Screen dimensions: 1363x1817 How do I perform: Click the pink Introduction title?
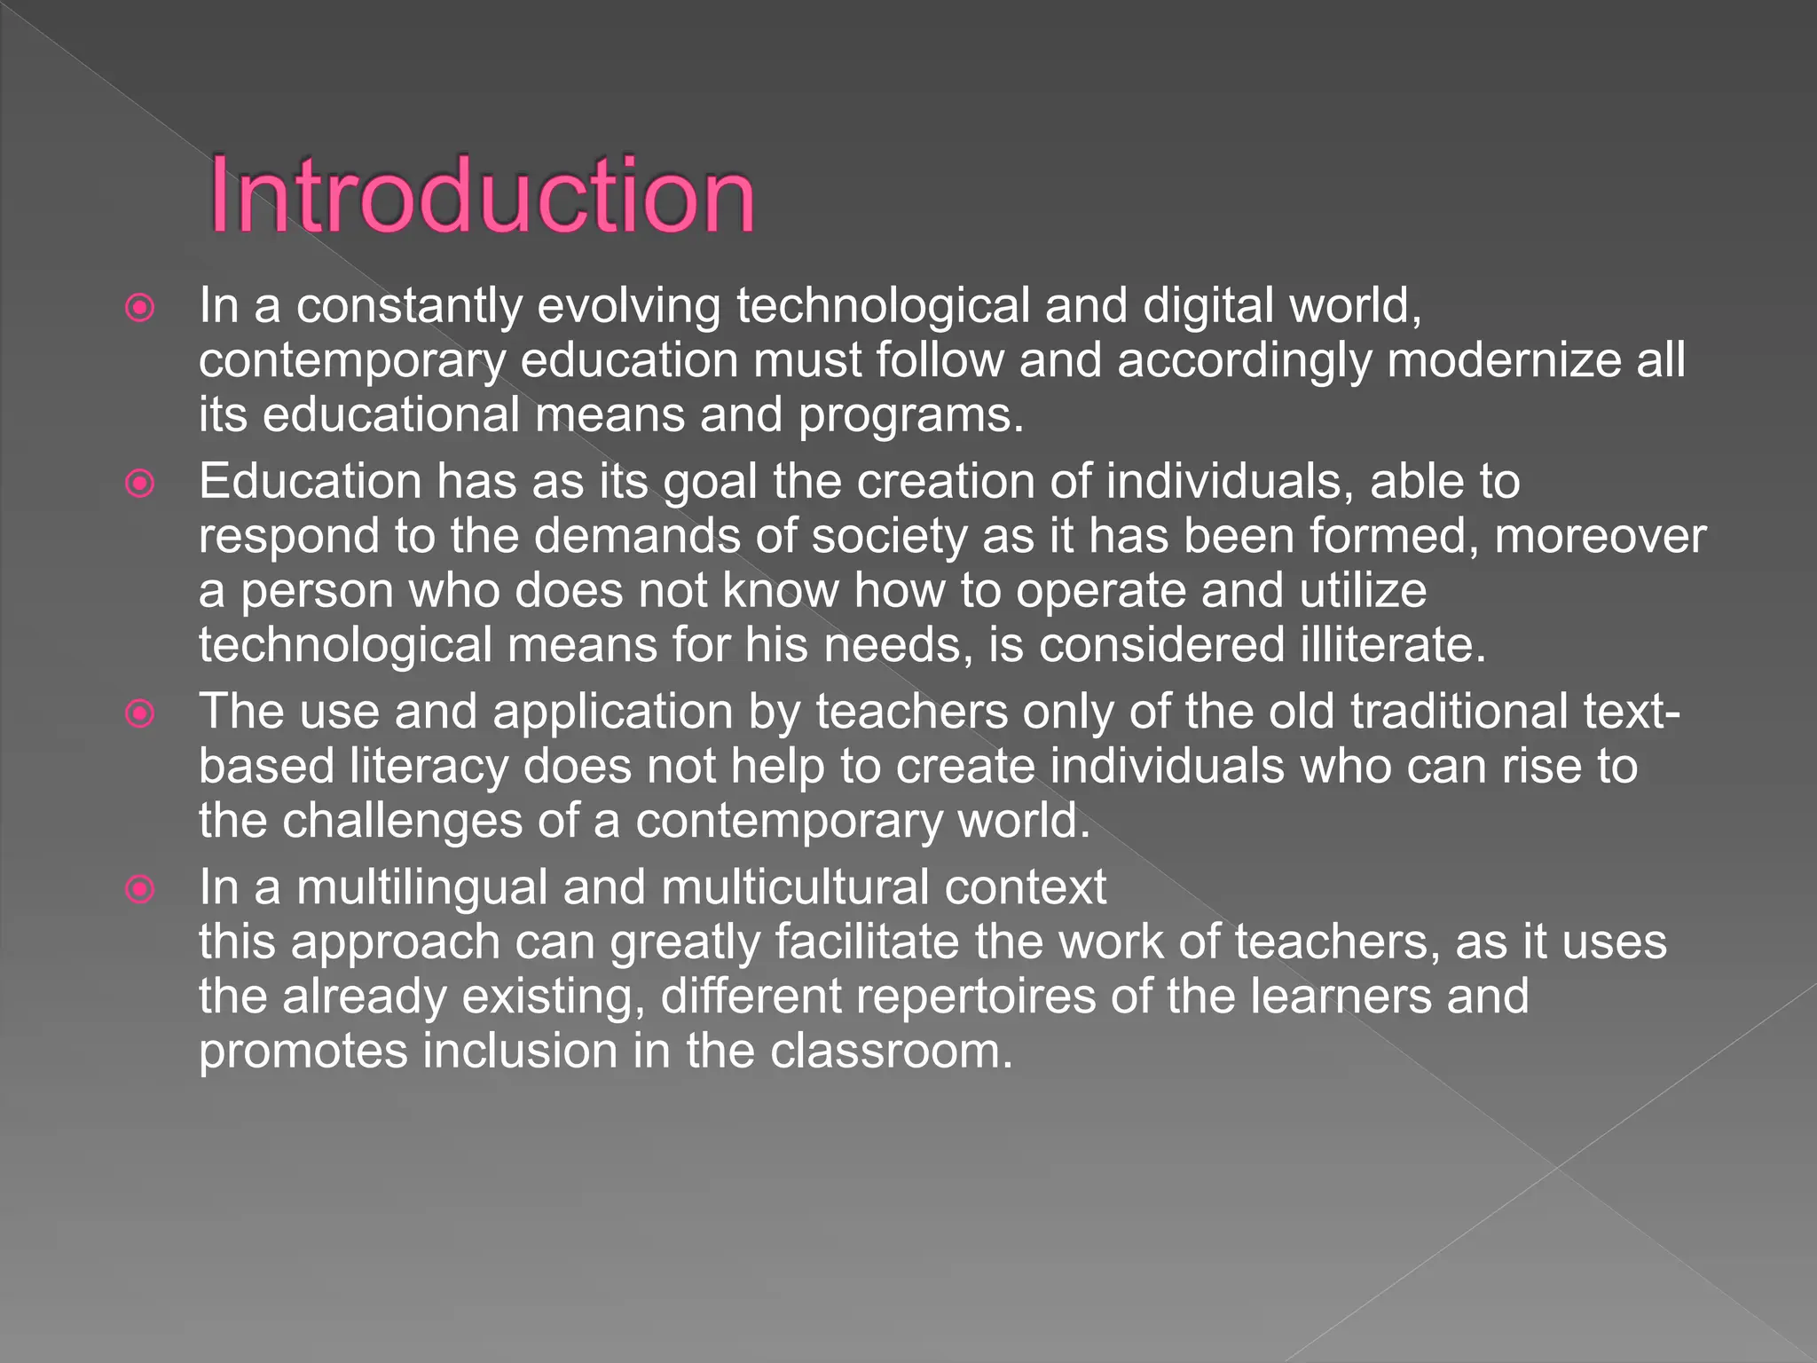point(482,195)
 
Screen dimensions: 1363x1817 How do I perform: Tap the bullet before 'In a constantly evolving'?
point(140,308)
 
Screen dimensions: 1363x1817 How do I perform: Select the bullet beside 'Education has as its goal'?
point(140,484)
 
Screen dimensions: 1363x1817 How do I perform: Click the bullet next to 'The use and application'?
point(140,713)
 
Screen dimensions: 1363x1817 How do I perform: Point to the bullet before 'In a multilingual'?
point(140,889)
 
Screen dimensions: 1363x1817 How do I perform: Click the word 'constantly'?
point(409,306)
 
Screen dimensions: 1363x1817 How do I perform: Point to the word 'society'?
point(889,537)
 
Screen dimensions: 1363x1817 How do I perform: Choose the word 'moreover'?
point(1600,537)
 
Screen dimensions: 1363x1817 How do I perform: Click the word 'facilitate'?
point(867,942)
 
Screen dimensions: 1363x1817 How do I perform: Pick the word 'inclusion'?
point(520,1052)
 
